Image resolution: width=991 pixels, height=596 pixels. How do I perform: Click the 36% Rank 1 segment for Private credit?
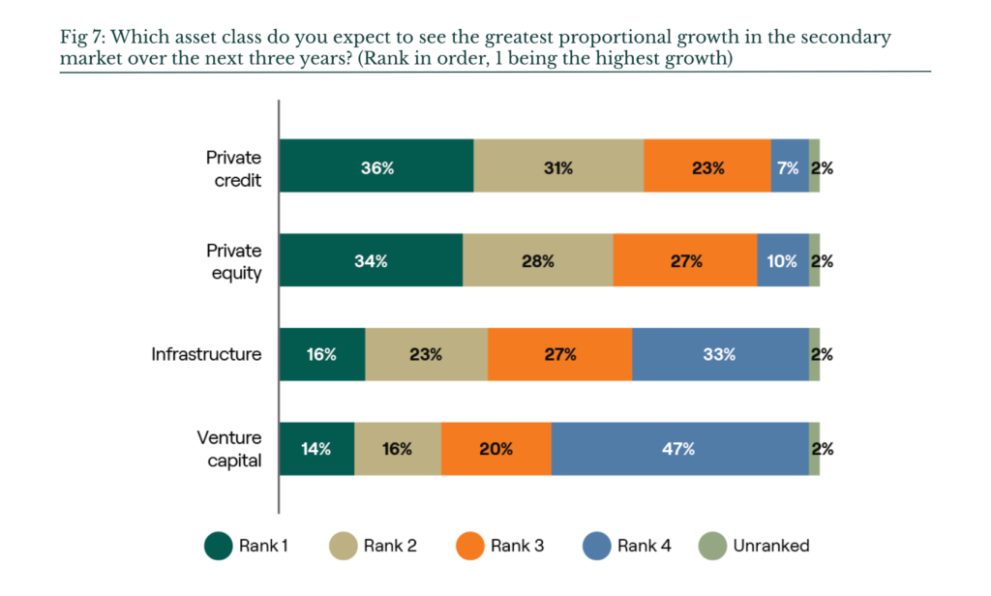click(376, 165)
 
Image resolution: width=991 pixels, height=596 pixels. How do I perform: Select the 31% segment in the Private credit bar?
click(558, 165)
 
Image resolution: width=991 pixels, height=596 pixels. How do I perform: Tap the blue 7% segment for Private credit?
click(790, 165)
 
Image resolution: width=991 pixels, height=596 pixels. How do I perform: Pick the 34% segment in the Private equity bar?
click(371, 259)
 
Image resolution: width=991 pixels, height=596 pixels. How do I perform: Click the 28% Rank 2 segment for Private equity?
click(538, 259)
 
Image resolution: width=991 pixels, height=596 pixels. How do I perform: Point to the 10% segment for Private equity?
click(783, 259)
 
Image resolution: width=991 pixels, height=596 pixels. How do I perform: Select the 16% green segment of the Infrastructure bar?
click(322, 354)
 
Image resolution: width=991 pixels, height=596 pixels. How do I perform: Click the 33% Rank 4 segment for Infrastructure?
click(720, 354)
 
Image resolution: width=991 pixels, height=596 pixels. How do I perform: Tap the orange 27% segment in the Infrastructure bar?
click(560, 354)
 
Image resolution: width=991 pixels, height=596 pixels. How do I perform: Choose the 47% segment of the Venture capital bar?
click(680, 449)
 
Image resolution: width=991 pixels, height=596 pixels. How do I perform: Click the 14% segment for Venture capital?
click(316, 449)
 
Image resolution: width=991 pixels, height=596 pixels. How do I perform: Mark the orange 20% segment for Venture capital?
click(496, 449)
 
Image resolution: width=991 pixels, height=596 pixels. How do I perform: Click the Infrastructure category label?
click(206, 354)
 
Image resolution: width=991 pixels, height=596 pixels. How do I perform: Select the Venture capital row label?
click(228, 449)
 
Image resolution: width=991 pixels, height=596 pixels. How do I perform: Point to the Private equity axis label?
click(234, 261)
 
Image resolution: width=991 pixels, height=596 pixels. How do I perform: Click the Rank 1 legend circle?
click(219, 546)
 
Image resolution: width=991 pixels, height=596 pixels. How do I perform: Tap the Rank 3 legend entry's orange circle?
click(470, 546)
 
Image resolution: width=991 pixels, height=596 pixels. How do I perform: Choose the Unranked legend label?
click(771, 546)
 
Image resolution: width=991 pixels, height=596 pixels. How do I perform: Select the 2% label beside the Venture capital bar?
click(823, 449)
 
